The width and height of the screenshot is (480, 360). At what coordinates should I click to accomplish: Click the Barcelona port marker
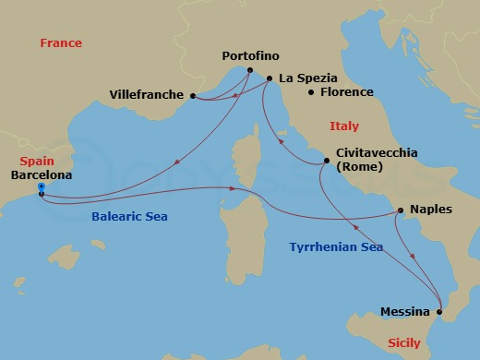click(41, 187)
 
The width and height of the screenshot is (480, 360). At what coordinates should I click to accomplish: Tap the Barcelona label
click(41, 173)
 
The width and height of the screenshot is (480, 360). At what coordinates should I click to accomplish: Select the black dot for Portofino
click(250, 71)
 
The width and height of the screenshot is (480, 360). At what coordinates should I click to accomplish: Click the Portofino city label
click(251, 56)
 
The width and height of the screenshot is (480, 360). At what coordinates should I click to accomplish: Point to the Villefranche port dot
click(192, 95)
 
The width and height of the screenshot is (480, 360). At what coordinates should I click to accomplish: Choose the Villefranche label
click(148, 94)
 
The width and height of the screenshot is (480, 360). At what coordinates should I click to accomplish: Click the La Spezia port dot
click(269, 78)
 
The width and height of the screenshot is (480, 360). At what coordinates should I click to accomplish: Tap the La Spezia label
click(308, 78)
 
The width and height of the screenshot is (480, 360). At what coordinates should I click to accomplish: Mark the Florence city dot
click(311, 92)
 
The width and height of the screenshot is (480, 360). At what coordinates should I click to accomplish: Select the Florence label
click(346, 92)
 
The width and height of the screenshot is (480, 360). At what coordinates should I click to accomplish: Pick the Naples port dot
click(400, 210)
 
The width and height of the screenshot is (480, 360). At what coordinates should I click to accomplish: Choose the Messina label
click(406, 312)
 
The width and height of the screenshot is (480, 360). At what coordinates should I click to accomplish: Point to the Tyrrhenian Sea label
click(336, 247)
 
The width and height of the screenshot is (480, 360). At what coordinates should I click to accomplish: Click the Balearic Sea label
click(135, 216)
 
